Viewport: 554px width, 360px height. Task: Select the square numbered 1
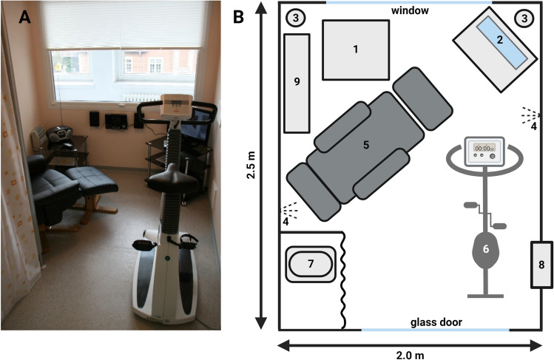click(x=355, y=49)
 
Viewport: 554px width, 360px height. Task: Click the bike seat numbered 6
click(x=485, y=251)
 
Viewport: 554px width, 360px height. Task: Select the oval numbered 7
click(x=311, y=262)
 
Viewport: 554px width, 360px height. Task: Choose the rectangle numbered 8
click(x=540, y=264)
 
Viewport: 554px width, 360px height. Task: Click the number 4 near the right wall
click(x=533, y=126)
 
